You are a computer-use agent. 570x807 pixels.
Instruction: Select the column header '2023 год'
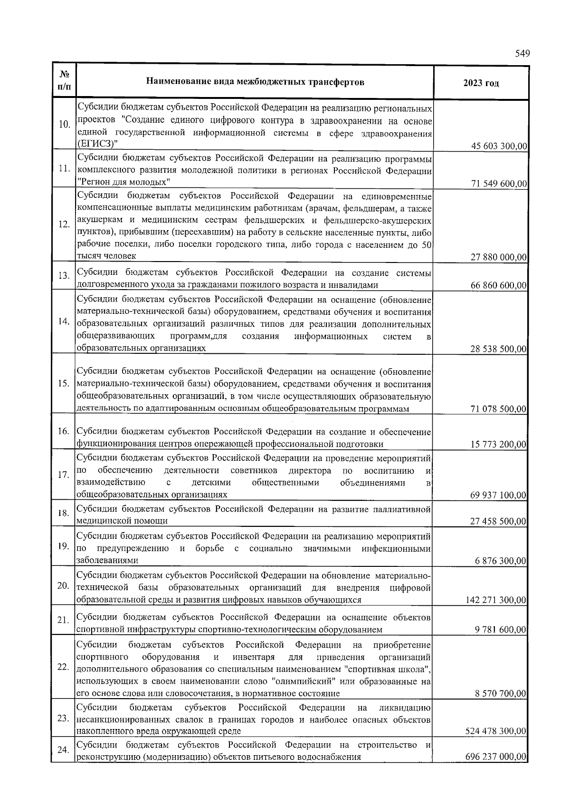(x=481, y=83)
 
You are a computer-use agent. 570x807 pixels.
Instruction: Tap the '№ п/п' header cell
(x=64, y=81)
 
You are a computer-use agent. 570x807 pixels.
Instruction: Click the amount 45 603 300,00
(x=499, y=146)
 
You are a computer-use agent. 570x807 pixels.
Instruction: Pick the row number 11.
(x=64, y=170)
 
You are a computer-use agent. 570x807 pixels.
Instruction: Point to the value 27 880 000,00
(x=499, y=257)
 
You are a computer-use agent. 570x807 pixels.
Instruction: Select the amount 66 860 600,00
(x=499, y=285)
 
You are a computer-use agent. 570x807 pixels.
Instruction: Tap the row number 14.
(x=64, y=321)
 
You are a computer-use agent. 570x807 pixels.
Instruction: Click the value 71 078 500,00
(x=499, y=408)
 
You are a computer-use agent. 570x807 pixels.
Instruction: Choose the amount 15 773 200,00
(x=499, y=444)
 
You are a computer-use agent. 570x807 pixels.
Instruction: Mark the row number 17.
(x=64, y=475)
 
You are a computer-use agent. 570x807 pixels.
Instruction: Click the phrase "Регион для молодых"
(x=123, y=182)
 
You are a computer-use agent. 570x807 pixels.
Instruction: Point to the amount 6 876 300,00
(x=501, y=561)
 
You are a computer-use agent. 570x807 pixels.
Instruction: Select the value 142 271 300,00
(x=497, y=600)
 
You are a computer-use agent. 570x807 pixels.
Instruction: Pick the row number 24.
(x=64, y=750)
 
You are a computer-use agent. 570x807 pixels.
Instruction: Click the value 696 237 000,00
(x=497, y=756)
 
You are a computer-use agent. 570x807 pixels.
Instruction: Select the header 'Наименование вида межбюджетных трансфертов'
(x=255, y=82)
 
